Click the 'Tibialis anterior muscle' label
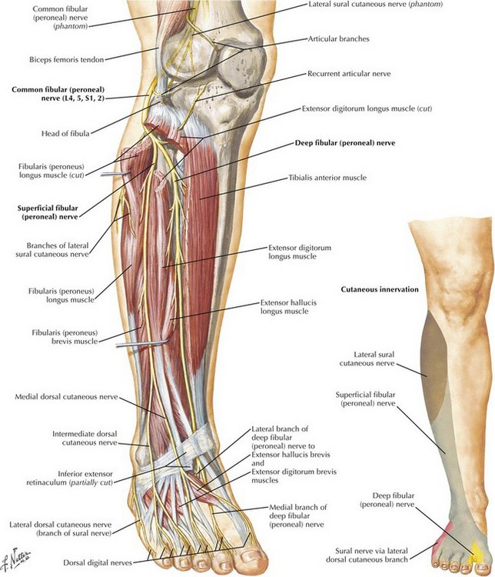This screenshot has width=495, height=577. (327, 178)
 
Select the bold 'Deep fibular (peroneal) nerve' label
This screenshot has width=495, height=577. (345, 143)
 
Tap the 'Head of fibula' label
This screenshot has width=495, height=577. (65, 133)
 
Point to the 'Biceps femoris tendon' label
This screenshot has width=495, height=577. (67, 59)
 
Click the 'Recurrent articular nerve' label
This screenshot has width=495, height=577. (349, 74)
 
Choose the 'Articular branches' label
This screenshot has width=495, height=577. (338, 38)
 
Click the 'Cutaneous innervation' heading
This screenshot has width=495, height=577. (380, 289)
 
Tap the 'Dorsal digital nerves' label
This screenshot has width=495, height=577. (98, 562)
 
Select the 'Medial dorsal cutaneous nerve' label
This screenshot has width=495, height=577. (66, 397)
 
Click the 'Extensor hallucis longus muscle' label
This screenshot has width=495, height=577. (288, 307)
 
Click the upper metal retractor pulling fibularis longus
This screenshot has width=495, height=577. (115, 173)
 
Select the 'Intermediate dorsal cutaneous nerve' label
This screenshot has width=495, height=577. (85, 439)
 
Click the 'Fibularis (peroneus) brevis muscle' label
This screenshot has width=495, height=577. (65, 337)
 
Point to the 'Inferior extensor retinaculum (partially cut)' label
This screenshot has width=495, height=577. (69, 478)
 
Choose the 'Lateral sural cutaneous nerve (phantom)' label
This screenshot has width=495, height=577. (376, 5)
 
